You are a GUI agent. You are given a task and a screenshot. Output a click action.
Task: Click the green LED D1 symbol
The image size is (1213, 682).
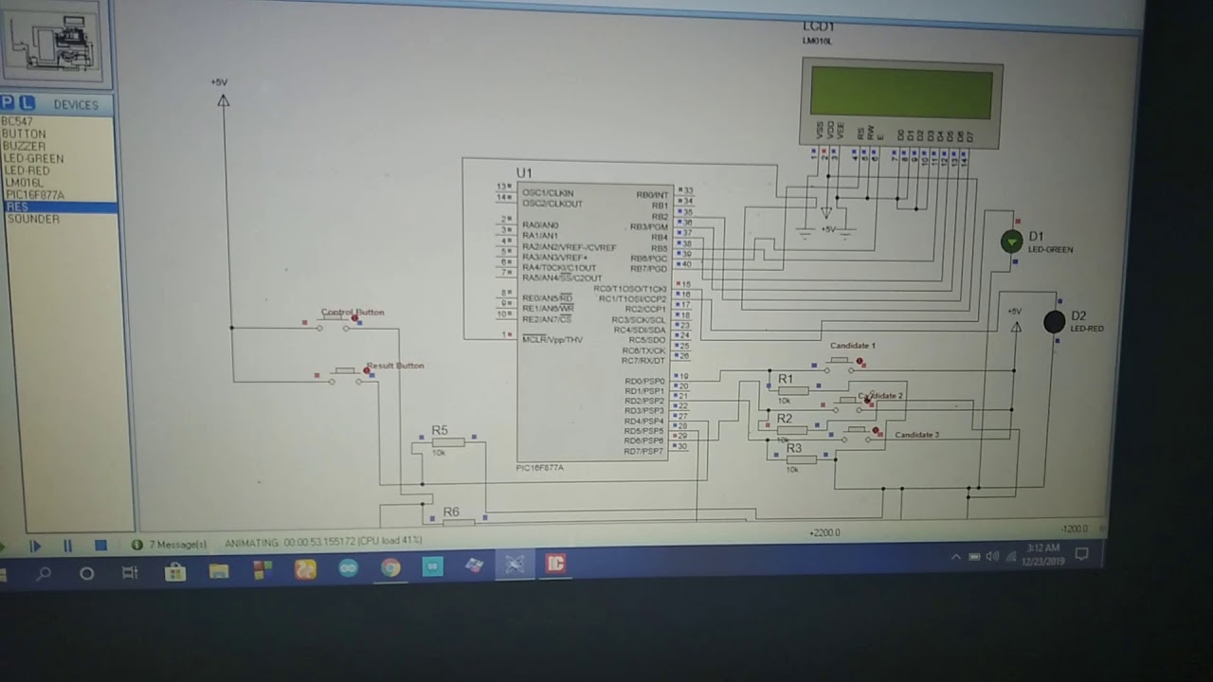(1012, 242)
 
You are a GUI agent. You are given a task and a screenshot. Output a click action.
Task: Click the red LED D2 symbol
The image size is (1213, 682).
(1054, 322)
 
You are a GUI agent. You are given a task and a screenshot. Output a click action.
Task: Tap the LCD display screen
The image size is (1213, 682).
(901, 93)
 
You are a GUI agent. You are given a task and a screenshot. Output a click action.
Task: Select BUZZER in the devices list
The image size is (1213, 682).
(24, 146)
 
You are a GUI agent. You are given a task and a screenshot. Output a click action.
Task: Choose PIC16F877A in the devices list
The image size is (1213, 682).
(35, 195)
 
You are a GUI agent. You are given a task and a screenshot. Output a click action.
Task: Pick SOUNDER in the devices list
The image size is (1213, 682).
(33, 219)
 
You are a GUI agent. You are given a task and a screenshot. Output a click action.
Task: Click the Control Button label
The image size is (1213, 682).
(353, 312)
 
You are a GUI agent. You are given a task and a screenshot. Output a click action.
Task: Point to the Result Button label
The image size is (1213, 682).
(396, 366)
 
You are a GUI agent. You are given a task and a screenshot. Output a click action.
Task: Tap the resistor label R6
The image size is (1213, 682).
(451, 511)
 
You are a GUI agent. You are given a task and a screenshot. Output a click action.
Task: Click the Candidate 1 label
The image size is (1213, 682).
(853, 346)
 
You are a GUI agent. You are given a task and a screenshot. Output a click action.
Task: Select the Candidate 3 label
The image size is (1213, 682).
(916, 435)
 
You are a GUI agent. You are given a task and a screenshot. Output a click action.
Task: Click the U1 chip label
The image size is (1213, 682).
(524, 173)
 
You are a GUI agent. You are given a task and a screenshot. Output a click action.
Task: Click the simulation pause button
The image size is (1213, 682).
(67, 546)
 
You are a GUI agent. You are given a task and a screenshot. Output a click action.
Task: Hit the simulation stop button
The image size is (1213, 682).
(100, 546)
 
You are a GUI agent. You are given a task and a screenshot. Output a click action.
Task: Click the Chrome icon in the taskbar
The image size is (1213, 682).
(390, 567)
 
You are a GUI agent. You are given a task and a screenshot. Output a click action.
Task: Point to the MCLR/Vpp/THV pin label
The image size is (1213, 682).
(552, 339)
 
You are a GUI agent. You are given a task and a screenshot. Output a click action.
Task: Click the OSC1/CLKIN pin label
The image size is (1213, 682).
(547, 193)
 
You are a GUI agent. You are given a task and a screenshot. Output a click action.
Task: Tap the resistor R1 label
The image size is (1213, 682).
(785, 379)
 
